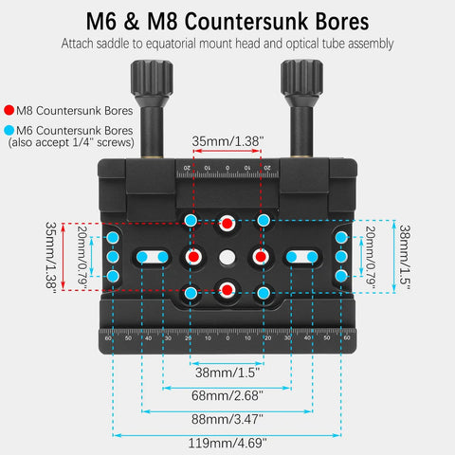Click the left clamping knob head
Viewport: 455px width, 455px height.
click(x=152, y=78)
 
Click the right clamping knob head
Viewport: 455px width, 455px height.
click(x=301, y=78)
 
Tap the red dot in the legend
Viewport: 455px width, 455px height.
click(x=9, y=110)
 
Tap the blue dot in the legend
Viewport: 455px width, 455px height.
click(x=9, y=130)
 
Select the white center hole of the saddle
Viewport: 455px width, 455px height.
click(x=227, y=257)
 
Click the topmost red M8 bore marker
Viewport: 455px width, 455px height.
click(x=227, y=224)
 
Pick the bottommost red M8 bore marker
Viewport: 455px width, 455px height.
click(x=227, y=289)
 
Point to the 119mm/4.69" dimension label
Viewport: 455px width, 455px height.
click(x=227, y=443)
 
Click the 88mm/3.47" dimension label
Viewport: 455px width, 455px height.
click(x=227, y=419)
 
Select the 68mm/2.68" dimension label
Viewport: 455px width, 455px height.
click(x=227, y=395)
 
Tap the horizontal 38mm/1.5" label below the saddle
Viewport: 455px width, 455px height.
click(x=227, y=373)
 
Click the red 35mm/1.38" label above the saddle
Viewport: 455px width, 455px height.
click(x=227, y=141)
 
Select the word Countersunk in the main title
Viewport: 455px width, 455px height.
click(x=246, y=22)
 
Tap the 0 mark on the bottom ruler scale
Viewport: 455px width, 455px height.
click(x=227, y=338)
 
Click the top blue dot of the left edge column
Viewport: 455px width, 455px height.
click(x=113, y=237)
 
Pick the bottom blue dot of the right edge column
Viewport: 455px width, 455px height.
click(x=341, y=276)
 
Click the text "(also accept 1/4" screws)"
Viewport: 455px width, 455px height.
click(x=71, y=142)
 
